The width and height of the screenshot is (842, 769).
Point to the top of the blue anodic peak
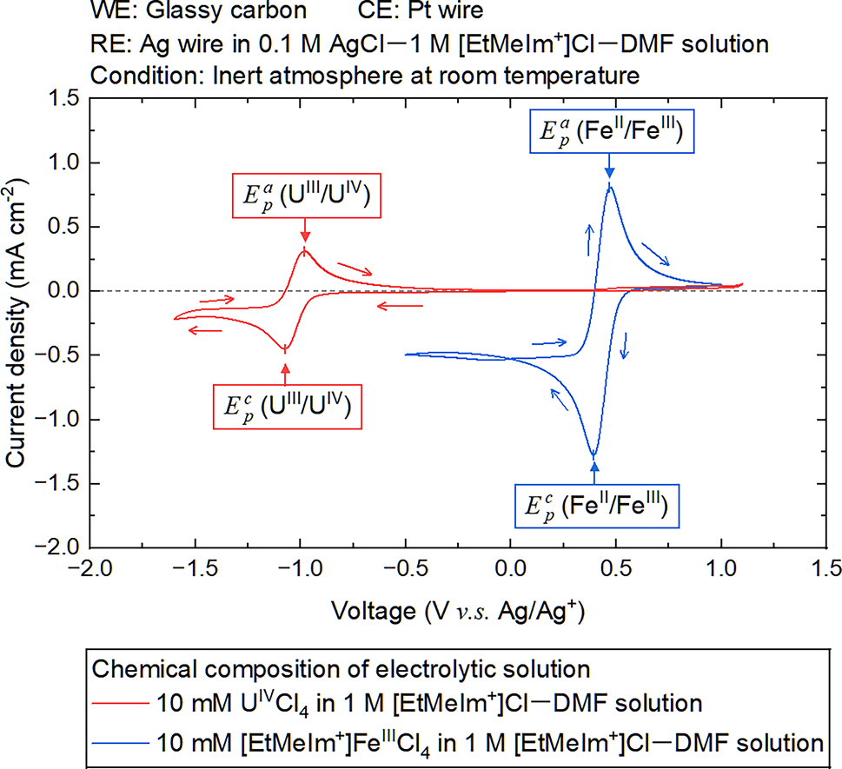coord(610,186)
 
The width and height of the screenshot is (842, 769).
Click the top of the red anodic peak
coord(305,250)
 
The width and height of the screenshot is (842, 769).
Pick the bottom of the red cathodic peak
coord(285,349)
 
